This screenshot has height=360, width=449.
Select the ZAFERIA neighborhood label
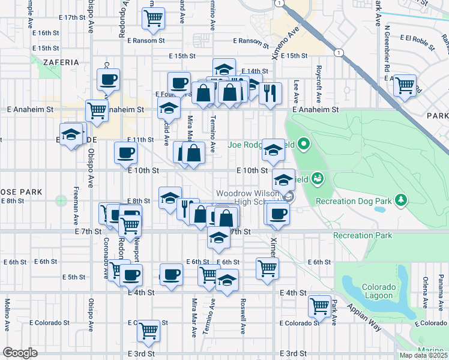(61, 62)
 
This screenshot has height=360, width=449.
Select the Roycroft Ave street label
(320, 77)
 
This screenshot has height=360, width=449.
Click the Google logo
(20, 353)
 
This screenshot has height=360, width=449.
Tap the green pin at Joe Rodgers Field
(304, 143)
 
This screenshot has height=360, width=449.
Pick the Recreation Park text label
(362, 235)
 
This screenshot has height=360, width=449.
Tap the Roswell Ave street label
(243, 316)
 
